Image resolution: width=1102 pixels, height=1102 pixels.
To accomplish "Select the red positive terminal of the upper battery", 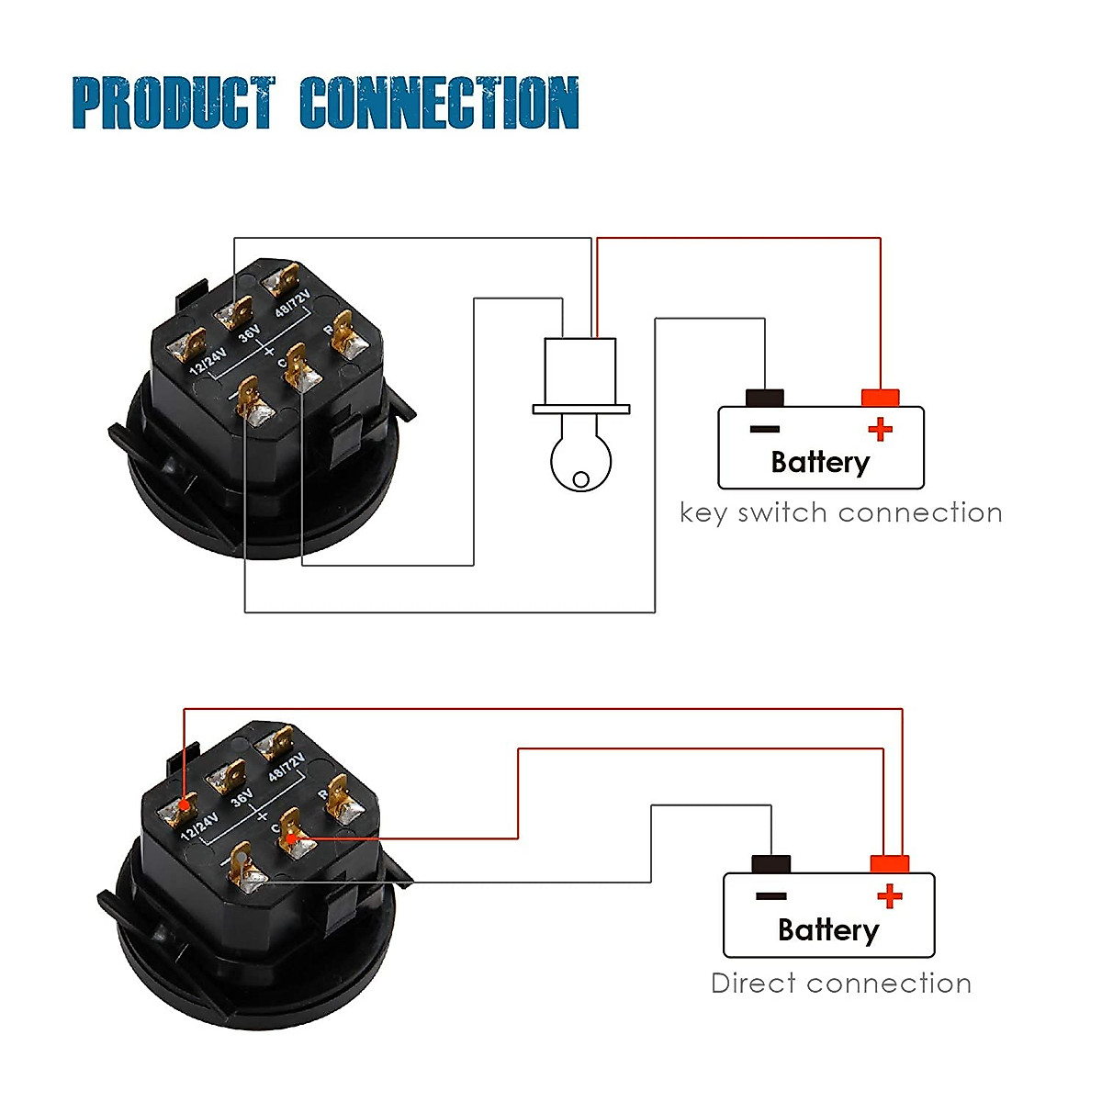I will (880, 399).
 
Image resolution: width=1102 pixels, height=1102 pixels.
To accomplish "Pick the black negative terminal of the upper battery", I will (764, 399).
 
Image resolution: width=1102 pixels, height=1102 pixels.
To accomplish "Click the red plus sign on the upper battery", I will (880, 429).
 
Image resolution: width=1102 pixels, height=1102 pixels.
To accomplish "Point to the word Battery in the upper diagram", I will (820, 462).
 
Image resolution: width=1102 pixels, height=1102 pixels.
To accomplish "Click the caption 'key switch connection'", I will (840, 512).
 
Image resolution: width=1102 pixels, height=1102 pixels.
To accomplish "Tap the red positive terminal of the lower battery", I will (889, 864).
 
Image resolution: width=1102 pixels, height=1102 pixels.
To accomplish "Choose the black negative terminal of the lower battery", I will (770, 864).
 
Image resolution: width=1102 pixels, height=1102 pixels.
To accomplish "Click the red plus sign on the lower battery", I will (889, 895).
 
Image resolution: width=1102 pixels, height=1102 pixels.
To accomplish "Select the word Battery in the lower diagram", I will (827, 930).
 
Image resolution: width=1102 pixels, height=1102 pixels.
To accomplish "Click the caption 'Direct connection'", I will (840, 984).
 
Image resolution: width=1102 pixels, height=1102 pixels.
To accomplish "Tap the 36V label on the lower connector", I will (242, 797).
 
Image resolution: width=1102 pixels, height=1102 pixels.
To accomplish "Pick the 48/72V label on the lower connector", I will (286, 766).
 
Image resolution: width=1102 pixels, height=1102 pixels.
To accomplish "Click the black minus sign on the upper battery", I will (764, 429).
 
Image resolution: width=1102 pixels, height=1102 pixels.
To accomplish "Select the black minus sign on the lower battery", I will (770, 896).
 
